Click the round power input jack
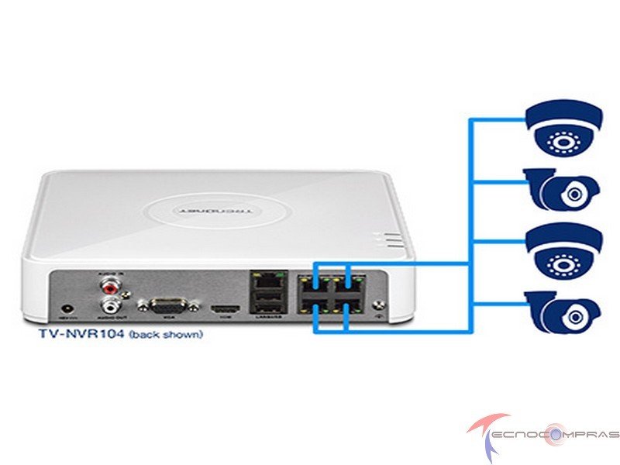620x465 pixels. (72, 308)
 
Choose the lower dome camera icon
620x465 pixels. (563, 250)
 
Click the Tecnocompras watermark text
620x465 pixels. (558, 434)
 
